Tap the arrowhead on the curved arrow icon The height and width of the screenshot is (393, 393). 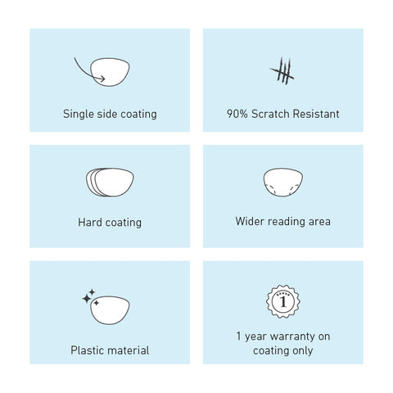coord(102,79)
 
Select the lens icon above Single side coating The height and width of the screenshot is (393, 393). coord(110,72)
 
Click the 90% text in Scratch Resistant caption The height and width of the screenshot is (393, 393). coord(237,114)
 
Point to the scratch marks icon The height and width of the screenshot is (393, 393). coord(282,70)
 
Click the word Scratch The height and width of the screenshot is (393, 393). coord(270,114)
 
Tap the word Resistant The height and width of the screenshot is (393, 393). coord(316,114)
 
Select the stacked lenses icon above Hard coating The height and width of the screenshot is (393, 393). coord(110,183)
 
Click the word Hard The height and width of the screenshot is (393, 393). coord(90,222)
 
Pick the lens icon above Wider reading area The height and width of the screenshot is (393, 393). coord(283,182)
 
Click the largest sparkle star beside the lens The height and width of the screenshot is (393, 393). coord(87,299)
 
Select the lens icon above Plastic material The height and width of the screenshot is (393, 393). coord(110,310)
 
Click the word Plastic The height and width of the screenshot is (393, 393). coord(86,350)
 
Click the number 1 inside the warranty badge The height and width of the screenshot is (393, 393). coord(283,302)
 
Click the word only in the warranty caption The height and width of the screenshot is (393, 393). coord(302,350)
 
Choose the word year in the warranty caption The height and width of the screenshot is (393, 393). coord(255,337)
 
